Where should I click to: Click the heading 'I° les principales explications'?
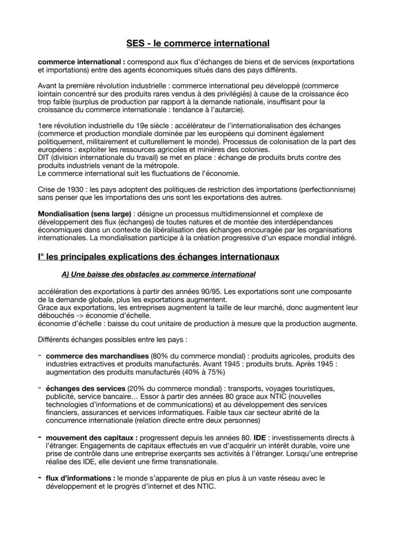[x=158, y=257]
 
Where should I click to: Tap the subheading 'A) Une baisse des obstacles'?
[x=158, y=274]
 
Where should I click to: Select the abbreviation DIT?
[x=44, y=157]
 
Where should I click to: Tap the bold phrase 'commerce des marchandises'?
[x=97, y=356]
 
